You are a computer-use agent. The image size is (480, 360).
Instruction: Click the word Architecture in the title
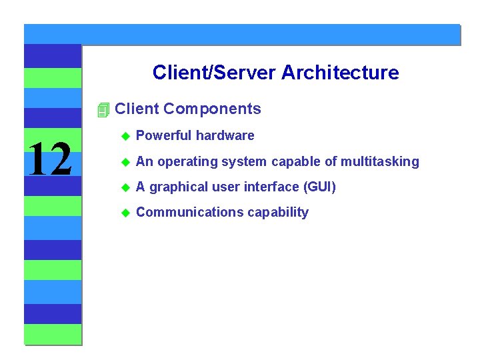pyautogui.click(x=340, y=72)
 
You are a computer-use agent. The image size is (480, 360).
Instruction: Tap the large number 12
pyautogui.click(x=51, y=160)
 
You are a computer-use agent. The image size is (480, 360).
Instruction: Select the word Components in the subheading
pyautogui.click(x=212, y=109)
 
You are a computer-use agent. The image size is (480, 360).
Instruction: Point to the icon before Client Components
pyautogui.click(x=102, y=109)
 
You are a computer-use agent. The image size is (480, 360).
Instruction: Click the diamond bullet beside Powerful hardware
pyautogui.click(x=124, y=136)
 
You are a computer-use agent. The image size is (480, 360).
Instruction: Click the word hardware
pyautogui.click(x=225, y=135)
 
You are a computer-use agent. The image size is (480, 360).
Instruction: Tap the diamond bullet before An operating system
pyautogui.click(x=124, y=162)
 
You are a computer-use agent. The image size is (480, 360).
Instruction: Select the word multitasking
pyautogui.click(x=380, y=161)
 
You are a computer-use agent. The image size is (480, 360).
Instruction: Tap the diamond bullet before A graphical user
pyautogui.click(x=124, y=187)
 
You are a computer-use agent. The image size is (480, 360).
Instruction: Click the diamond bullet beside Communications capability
pyautogui.click(x=124, y=213)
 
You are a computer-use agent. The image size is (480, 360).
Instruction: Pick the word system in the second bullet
pyautogui.click(x=243, y=161)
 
